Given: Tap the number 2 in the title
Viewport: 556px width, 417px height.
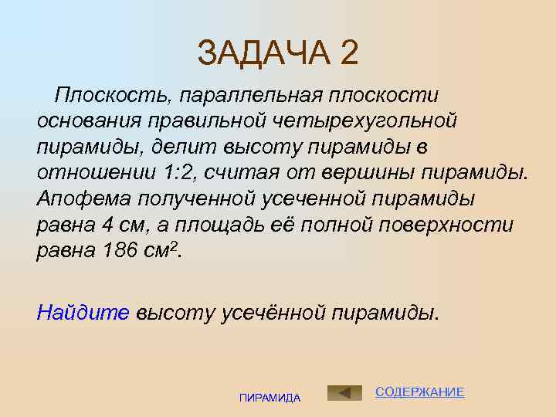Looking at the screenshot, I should pyautogui.click(x=349, y=54).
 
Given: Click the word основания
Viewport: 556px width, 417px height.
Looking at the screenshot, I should pyautogui.click(x=84, y=120).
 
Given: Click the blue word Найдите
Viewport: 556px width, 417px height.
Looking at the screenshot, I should pyautogui.click(x=83, y=312).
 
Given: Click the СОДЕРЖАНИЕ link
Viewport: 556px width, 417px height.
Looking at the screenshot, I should pyautogui.click(x=419, y=392).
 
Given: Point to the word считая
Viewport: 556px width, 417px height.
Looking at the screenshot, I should pyautogui.click(x=256, y=171).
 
